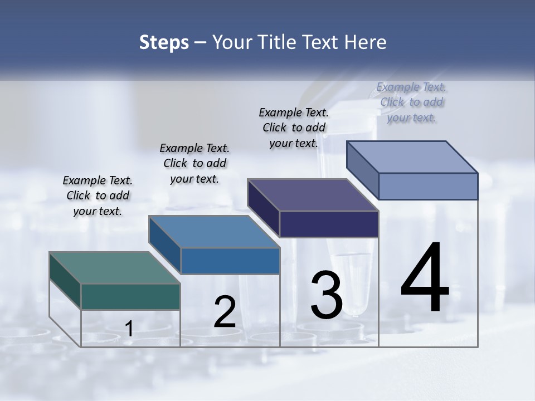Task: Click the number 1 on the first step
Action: [129, 329]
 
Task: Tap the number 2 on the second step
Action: [225, 312]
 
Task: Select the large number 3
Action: [327, 296]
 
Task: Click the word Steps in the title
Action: [164, 42]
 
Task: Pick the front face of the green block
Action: [130, 297]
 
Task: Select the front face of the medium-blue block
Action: [230, 261]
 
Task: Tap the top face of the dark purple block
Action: [313, 195]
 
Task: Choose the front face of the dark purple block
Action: [329, 224]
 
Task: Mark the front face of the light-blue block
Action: [428, 186]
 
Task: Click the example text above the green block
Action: [98, 196]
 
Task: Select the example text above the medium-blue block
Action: [194, 164]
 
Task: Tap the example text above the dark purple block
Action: [294, 128]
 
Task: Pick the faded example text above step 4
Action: [411, 102]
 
